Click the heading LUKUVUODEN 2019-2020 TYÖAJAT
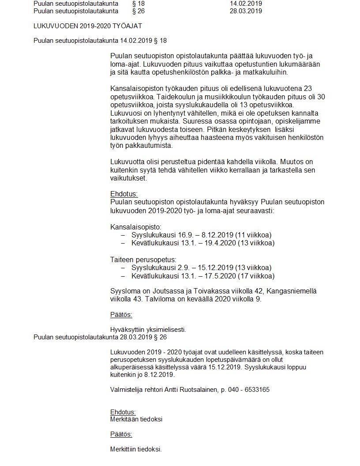(x=88, y=26)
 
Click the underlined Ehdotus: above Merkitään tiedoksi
(x=123, y=412)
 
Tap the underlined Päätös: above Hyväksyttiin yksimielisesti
(x=121, y=315)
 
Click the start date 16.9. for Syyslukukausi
(x=179, y=234)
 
